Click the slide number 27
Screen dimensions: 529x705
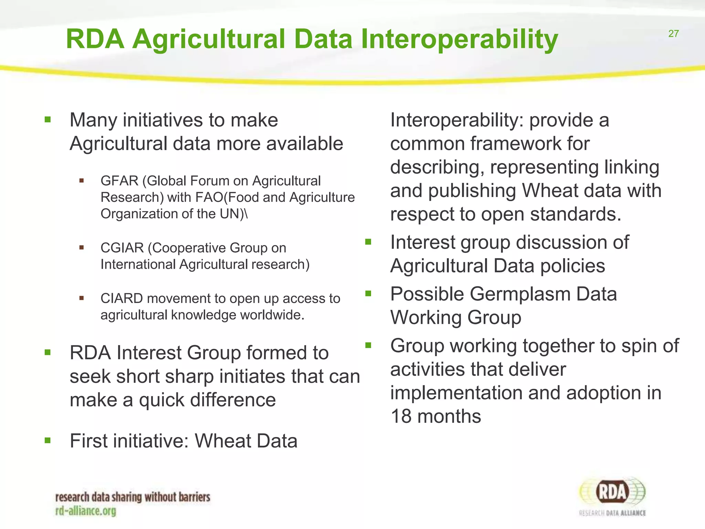pos(673,34)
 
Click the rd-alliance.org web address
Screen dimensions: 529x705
pos(86,511)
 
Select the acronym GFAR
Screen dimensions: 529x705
pos(119,181)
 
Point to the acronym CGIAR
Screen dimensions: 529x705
pos(122,248)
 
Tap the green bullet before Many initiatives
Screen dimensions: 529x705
pos(48,120)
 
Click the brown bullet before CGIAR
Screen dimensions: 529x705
pos(82,247)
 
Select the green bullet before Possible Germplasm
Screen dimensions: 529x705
pos(368,294)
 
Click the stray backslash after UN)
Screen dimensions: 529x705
pos(246,214)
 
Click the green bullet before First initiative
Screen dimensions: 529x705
pos(48,440)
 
